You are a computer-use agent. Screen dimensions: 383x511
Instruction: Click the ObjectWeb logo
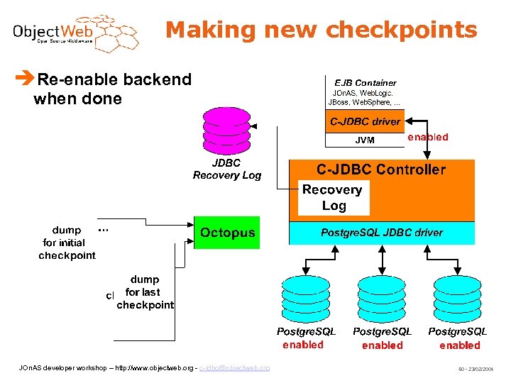click(75, 32)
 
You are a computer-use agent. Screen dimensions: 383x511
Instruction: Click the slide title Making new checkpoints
click(321, 30)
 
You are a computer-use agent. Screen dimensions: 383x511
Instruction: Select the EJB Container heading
click(365, 83)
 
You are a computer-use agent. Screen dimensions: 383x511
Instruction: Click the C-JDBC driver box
click(365, 121)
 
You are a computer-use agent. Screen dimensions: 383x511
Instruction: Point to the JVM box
click(365, 140)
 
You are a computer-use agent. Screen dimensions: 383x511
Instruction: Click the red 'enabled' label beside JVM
click(427, 137)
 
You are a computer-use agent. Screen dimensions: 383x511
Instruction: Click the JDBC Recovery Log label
click(227, 169)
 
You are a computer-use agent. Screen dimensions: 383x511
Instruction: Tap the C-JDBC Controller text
click(381, 170)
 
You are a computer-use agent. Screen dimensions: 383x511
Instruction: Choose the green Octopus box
click(227, 233)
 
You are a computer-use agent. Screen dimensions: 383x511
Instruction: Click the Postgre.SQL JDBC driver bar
click(381, 233)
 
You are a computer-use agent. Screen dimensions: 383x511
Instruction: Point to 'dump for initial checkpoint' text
click(67, 243)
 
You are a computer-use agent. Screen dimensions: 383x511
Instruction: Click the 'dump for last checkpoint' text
click(145, 292)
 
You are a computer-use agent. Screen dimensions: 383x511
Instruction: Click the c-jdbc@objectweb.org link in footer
click(235, 367)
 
